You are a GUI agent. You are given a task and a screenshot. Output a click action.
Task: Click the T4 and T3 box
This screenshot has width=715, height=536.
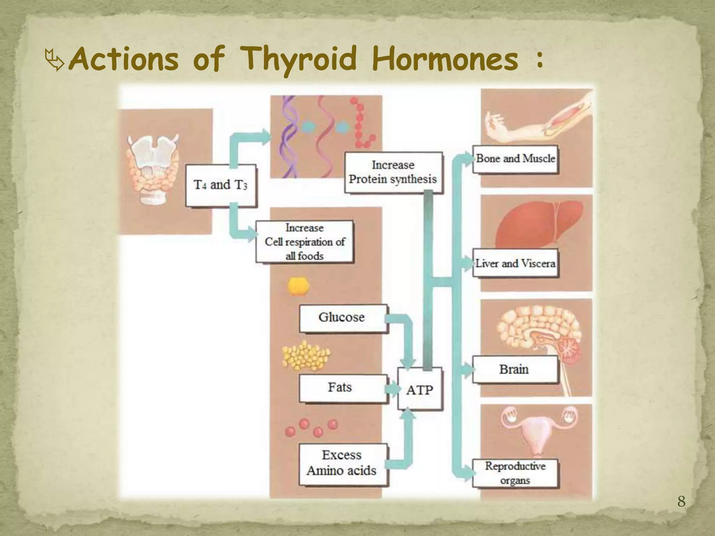[221, 185]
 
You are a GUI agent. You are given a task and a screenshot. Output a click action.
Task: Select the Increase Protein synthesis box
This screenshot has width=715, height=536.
[393, 172]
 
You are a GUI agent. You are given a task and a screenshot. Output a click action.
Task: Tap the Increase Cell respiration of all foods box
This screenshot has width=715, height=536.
[304, 241]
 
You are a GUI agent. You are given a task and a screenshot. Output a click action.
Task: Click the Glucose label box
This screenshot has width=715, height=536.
[342, 318]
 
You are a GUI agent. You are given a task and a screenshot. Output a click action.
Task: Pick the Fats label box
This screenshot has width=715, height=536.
[342, 388]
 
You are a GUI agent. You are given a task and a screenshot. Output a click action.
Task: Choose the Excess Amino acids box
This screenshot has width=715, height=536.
[342, 463]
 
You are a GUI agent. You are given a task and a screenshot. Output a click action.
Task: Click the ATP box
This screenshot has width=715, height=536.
[420, 389]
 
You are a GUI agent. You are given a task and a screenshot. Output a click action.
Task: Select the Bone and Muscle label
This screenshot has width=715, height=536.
[515, 159]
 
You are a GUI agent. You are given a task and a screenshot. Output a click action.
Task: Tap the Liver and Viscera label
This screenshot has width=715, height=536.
[515, 263]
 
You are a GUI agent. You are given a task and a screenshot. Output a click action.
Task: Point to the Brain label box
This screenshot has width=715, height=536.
[515, 369]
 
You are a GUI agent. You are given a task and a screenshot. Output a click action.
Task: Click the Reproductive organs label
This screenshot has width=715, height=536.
[515, 473]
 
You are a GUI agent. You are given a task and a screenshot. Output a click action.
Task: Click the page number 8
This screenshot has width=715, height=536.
[681, 502]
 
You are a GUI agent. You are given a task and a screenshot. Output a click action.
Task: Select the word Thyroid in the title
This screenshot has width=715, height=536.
[300, 59]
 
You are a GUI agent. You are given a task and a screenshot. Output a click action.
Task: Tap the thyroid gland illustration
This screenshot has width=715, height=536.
[153, 167]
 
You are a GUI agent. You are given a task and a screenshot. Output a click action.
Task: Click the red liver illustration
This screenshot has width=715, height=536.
[538, 223]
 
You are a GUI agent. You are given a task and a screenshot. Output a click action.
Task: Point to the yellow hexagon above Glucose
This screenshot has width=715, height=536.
[298, 286]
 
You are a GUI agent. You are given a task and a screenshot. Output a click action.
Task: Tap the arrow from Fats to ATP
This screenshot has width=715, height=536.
[392, 389]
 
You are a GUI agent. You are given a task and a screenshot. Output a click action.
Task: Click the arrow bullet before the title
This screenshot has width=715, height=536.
[55, 61]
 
